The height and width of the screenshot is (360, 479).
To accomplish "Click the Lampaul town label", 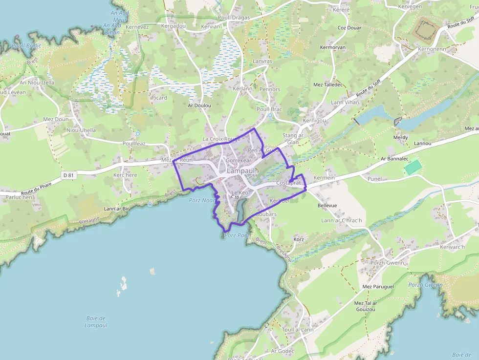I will coord(241,171).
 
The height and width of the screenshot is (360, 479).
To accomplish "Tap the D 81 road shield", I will coord(68,175).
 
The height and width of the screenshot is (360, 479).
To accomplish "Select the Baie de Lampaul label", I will coord(96,322).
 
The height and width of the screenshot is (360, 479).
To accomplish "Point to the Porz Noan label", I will coord(202,200).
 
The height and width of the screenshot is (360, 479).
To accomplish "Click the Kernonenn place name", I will coord(432,49).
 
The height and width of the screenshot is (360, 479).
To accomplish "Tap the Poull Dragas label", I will coord(234,18).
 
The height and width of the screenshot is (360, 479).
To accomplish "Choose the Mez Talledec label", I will coord(328,85).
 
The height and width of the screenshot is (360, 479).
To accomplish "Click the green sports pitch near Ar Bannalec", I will coord(413,167).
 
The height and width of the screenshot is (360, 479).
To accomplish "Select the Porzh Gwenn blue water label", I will coord(425,285).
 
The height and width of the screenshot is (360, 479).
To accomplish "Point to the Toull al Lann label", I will coord(298,330).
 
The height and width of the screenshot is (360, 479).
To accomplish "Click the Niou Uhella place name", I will coord(81,130).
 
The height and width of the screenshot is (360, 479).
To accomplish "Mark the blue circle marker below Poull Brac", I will coord(270,115).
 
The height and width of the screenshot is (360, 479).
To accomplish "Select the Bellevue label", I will coord(327,206).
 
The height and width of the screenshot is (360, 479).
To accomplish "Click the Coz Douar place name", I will coord(349,28).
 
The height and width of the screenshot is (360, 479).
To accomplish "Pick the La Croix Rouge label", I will coord(221,139).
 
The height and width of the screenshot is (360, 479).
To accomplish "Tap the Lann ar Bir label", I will coord(116,209).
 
